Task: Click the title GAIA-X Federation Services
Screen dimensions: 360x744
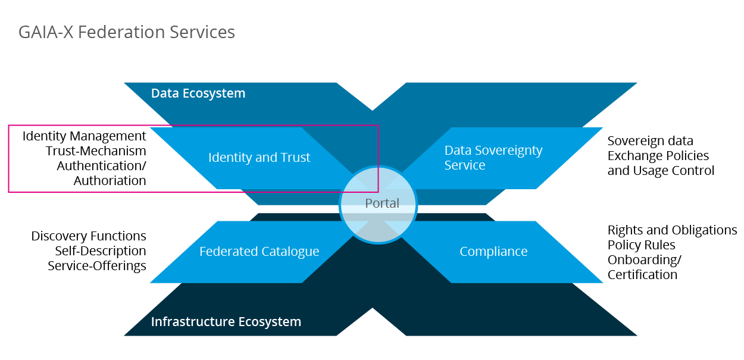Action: (127, 32)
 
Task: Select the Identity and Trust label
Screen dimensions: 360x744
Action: (259, 158)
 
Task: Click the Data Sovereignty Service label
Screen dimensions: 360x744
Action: (493, 158)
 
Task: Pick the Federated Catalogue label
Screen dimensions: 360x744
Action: (259, 252)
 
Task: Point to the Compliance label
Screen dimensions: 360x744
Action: (493, 252)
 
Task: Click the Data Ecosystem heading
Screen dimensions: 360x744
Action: (198, 93)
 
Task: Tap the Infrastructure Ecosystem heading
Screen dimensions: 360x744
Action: (226, 322)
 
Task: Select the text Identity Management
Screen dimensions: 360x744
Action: (84, 136)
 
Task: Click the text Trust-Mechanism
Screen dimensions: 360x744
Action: (96, 151)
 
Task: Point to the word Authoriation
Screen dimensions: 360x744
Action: (110, 181)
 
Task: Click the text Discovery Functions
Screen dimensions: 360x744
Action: (89, 236)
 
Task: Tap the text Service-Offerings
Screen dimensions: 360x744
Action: (97, 266)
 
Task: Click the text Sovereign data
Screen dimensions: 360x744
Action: (650, 141)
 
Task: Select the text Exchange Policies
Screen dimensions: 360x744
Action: (658, 156)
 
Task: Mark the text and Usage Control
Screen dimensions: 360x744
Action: (661, 171)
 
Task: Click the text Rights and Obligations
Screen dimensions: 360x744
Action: (672, 230)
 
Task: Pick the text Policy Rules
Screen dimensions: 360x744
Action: (641, 245)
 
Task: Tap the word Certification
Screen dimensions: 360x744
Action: (642, 275)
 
